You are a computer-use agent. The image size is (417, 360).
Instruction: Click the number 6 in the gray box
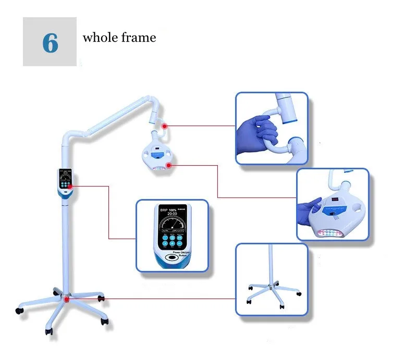coord(50,42)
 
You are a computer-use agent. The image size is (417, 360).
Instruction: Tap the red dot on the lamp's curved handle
coord(164,126)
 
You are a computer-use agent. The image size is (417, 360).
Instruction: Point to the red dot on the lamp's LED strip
coord(168,166)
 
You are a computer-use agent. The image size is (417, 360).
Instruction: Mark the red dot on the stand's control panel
coord(70,186)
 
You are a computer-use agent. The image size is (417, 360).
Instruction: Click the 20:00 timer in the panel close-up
coord(165,214)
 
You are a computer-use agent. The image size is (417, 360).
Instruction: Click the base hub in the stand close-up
coord(270,286)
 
